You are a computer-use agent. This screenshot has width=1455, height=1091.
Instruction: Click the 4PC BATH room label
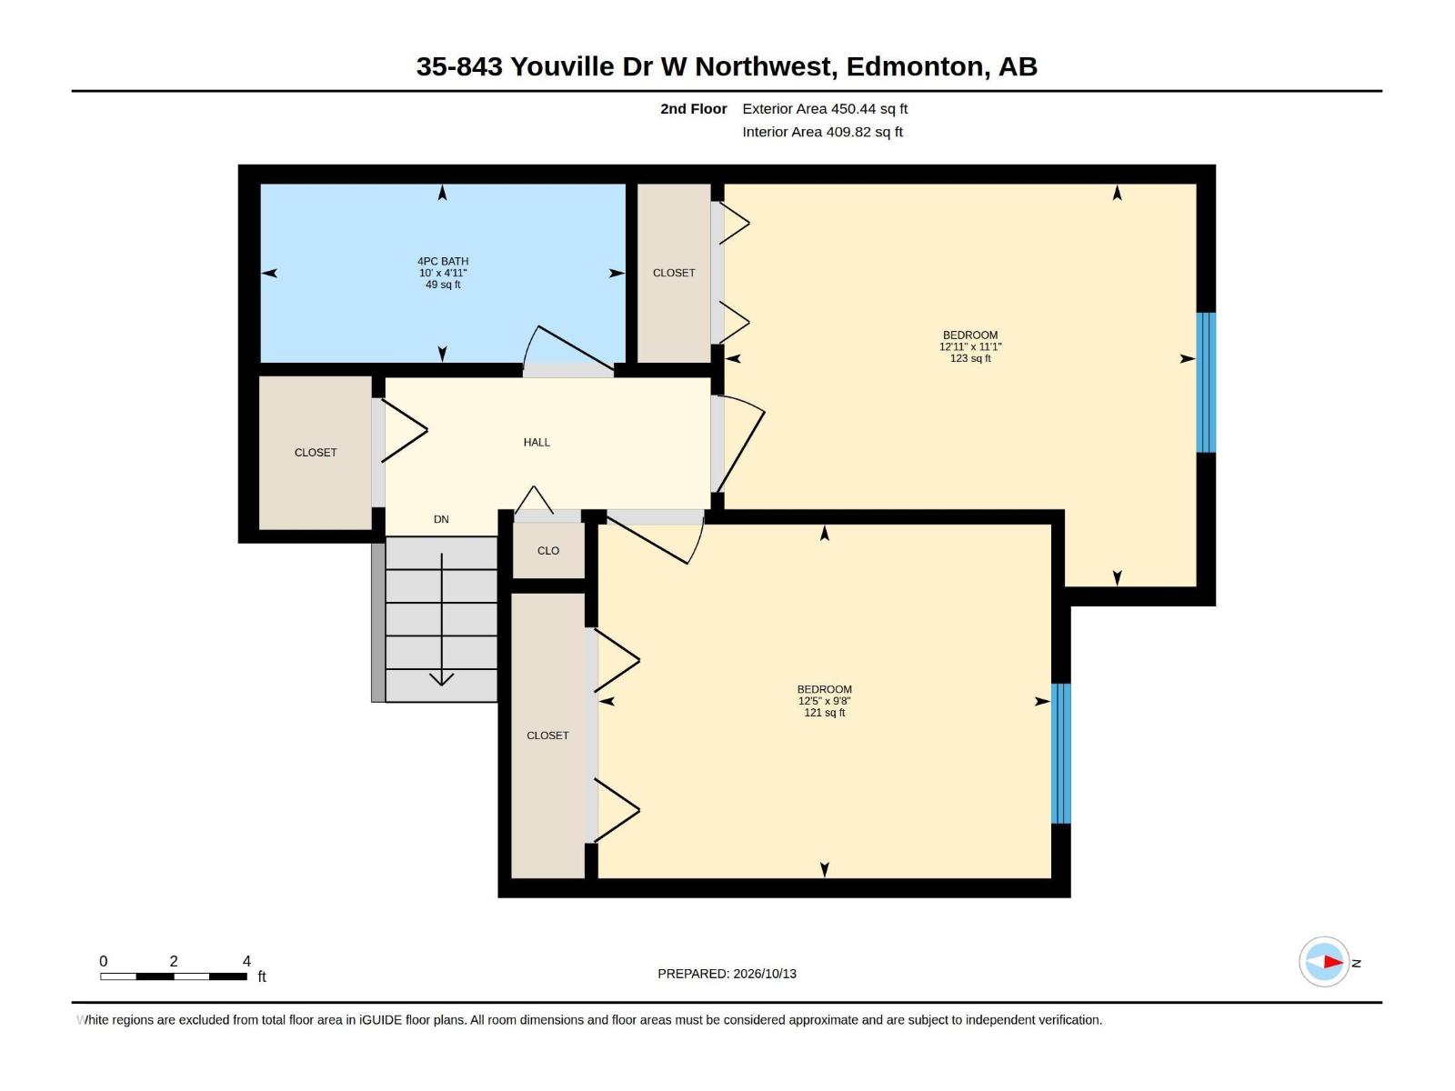(x=443, y=261)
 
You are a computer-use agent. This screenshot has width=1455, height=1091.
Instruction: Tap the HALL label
(x=537, y=442)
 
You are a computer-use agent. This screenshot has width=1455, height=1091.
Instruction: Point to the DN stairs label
(x=441, y=519)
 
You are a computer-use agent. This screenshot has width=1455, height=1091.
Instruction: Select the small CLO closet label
(x=548, y=550)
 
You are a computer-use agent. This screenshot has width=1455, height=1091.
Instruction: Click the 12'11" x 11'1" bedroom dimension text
(x=970, y=346)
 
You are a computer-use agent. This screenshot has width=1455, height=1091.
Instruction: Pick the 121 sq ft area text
(x=825, y=712)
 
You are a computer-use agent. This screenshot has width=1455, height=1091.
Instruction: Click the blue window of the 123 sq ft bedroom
(x=1206, y=382)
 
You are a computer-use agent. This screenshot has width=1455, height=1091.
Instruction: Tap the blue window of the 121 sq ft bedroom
(x=1061, y=753)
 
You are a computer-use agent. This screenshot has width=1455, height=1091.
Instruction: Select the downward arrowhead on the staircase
(x=441, y=679)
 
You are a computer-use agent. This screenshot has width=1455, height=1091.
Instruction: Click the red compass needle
(x=1333, y=962)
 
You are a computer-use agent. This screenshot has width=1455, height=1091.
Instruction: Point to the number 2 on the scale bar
(x=174, y=960)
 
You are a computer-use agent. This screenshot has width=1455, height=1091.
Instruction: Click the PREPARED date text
(x=727, y=973)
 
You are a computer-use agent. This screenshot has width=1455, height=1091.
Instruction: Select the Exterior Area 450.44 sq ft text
(x=825, y=108)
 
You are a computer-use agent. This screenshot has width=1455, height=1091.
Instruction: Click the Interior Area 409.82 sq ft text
(x=823, y=132)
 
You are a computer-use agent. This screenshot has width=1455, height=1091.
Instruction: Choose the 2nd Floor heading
(x=693, y=108)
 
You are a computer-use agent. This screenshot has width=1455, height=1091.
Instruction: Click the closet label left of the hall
(x=316, y=453)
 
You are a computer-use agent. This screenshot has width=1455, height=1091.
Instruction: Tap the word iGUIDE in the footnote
(x=380, y=1019)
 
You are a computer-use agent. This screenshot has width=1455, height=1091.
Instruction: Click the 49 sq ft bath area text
(x=443, y=285)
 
